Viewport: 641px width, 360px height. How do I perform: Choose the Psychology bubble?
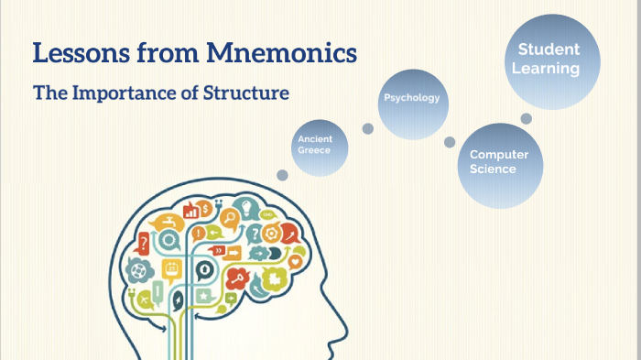[412, 97]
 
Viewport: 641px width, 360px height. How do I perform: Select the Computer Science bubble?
[499, 163]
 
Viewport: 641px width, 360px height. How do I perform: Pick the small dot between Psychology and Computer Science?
[450, 142]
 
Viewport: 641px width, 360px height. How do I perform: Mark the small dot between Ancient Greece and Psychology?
[367, 129]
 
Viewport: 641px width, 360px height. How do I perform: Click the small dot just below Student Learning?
[527, 118]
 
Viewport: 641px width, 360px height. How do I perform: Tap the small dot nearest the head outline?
[282, 174]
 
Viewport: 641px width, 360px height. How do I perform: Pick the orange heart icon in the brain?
[295, 260]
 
